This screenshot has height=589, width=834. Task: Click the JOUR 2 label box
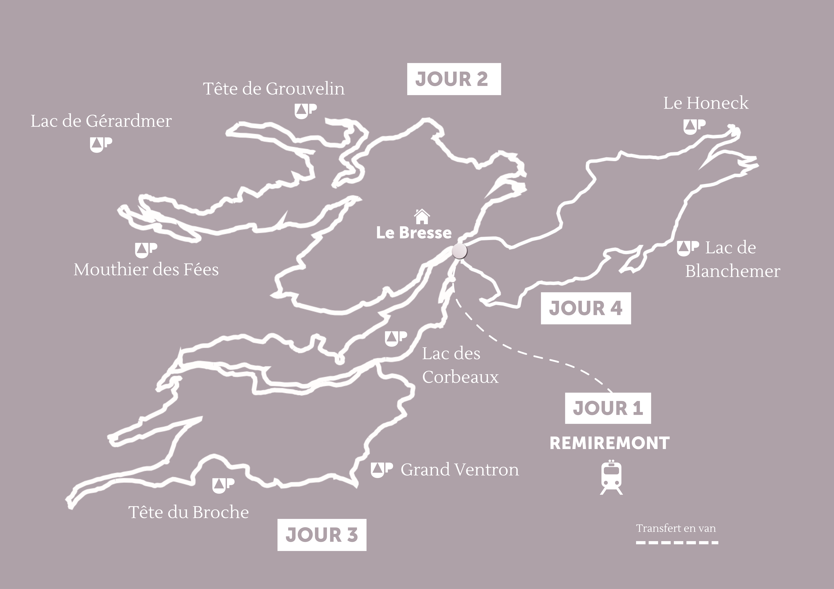coord(454,79)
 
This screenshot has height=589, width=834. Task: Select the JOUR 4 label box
coord(586,308)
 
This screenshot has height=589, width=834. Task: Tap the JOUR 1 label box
coord(608,408)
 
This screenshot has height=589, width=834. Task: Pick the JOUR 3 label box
coord(322,535)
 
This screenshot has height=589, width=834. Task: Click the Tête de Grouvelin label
coord(274,89)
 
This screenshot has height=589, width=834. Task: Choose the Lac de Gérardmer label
coord(101,121)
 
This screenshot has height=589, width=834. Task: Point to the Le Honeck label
coord(706,103)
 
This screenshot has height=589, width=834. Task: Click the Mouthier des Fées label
coord(146,270)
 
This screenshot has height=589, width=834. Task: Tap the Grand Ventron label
coord(459,470)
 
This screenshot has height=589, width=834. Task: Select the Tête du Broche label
coord(189,512)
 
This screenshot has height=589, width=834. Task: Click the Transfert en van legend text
coord(676,528)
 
